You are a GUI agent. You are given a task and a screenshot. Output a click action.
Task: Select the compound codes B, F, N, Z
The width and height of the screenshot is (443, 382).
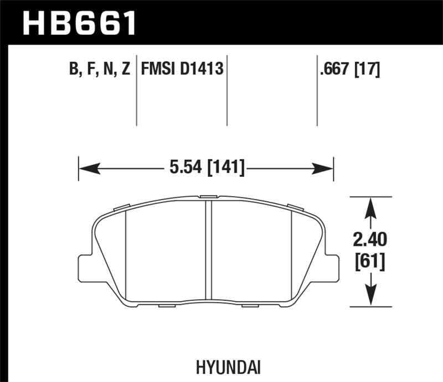point(100,70)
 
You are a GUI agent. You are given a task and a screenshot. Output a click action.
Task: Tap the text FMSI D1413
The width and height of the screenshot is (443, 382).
point(182,70)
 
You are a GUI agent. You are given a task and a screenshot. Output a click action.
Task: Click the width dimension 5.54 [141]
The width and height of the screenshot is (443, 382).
point(205,167)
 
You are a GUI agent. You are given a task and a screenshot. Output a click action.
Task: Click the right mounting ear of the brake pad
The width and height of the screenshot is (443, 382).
point(332,269)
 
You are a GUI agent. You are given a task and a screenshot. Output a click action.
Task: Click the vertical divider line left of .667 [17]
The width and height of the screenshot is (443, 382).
point(317,91)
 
